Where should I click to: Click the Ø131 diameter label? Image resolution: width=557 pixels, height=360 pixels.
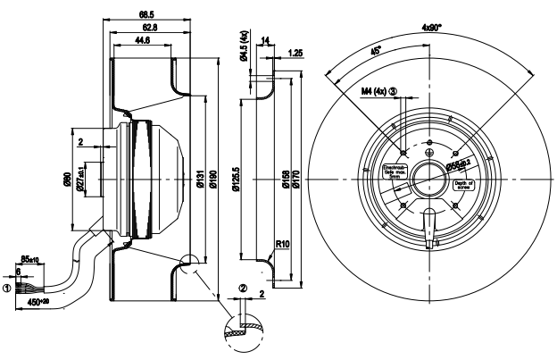click(204, 184)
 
